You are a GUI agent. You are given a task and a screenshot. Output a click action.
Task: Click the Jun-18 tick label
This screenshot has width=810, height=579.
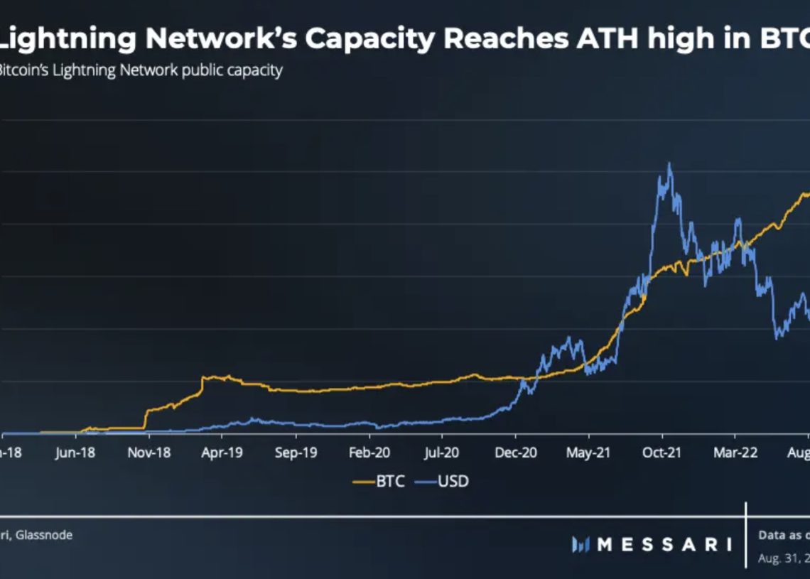click(x=75, y=453)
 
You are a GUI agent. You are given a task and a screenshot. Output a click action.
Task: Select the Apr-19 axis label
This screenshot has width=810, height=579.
click(x=222, y=453)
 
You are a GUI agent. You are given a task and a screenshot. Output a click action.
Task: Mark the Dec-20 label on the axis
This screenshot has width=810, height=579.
click(x=515, y=453)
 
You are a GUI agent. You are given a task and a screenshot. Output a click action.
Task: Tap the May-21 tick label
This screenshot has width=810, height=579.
click(x=588, y=453)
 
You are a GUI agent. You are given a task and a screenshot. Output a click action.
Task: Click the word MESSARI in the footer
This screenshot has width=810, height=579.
click(x=664, y=545)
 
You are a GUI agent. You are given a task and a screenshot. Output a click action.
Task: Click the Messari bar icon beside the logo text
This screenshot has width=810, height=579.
click(x=580, y=545)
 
